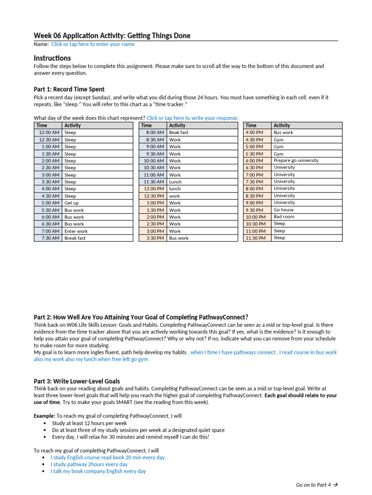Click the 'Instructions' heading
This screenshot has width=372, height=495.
click(x=52, y=58)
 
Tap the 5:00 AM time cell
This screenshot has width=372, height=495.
click(x=48, y=203)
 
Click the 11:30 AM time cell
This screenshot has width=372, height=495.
click(x=153, y=182)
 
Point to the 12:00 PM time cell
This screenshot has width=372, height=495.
click(x=153, y=189)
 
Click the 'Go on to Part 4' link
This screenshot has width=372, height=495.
click(x=316, y=484)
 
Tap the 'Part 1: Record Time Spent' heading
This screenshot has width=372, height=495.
click(x=69, y=89)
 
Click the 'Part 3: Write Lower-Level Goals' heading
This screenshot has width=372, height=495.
click(x=77, y=381)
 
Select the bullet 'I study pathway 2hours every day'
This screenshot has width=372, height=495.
click(x=89, y=464)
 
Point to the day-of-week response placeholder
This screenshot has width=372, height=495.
click(x=192, y=118)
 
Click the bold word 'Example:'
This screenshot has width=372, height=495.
click(x=45, y=416)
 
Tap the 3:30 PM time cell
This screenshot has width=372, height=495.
click(x=153, y=238)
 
